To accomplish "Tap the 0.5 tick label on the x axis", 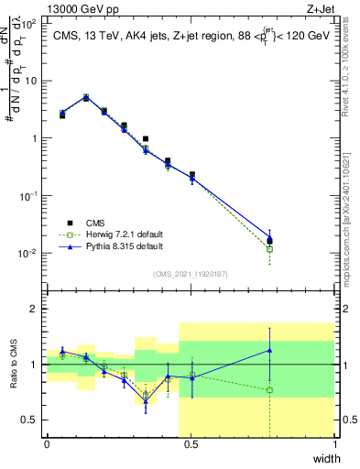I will [191, 444].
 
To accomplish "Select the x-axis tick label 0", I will [47, 444].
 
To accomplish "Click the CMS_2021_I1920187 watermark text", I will [191, 274].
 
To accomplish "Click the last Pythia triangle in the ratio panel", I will [269, 350].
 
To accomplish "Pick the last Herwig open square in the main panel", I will [269, 248].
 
